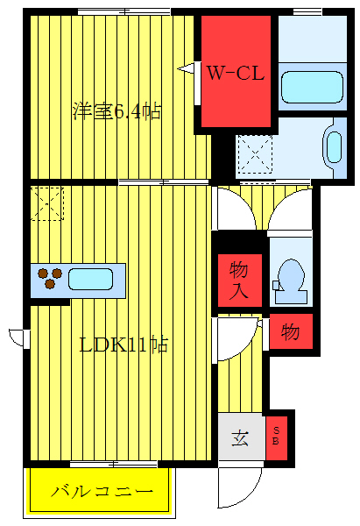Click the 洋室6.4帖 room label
pos(116,111)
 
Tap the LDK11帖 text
pos(124,344)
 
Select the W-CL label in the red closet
pos(235,74)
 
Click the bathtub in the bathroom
pos(311,87)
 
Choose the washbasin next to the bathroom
pos(333,146)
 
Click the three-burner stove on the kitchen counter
pos(50,279)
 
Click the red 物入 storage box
pos(239,280)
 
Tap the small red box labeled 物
pos(291,332)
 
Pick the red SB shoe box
pos(278,435)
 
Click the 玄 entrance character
pos(239,437)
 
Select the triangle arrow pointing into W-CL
pos(186,68)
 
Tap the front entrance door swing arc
pos(240,481)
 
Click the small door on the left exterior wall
pos(18,336)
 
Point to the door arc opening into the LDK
pos(229,210)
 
